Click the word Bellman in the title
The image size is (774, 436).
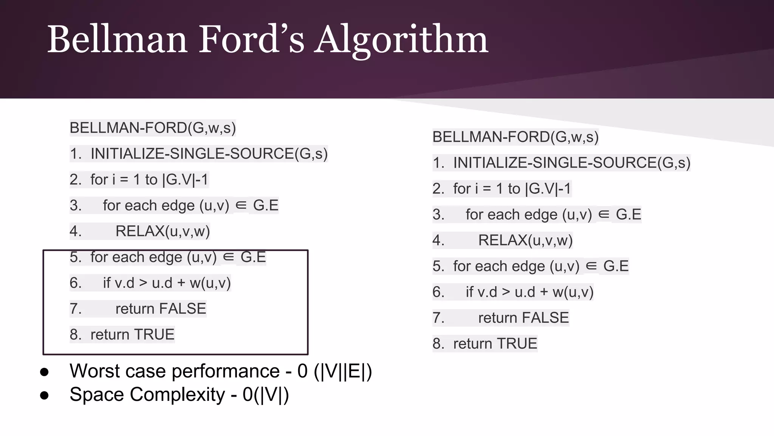pyautogui.click(x=117, y=40)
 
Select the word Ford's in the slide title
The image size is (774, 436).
pyautogui.click(x=251, y=40)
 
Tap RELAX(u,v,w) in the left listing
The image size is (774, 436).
pyautogui.click(x=163, y=231)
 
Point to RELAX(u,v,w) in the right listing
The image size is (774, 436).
pyautogui.click(x=525, y=240)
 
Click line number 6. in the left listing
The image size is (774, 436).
pyautogui.click(x=76, y=283)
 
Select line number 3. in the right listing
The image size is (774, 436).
pyautogui.click(x=438, y=215)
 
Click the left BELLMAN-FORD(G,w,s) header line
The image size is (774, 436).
pyautogui.click(x=153, y=128)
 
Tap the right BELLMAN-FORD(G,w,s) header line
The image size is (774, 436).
pyautogui.click(x=515, y=137)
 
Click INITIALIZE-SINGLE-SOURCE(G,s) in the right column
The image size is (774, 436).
pyautogui.click(x=571, y=163)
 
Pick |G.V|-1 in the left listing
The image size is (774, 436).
pyautogui.click(x=185, y=180)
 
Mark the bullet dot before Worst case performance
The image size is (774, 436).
pyautogui.click(x=44, y=372)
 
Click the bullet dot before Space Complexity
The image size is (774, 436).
pyautogui.click(x=44, y=396)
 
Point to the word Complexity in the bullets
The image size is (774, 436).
pyautogui.click(x=177, y=395)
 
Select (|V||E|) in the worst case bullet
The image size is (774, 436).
pyautogui.click(x=343, y=371)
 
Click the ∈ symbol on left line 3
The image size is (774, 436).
pyautogui.click(x=241, y=205)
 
